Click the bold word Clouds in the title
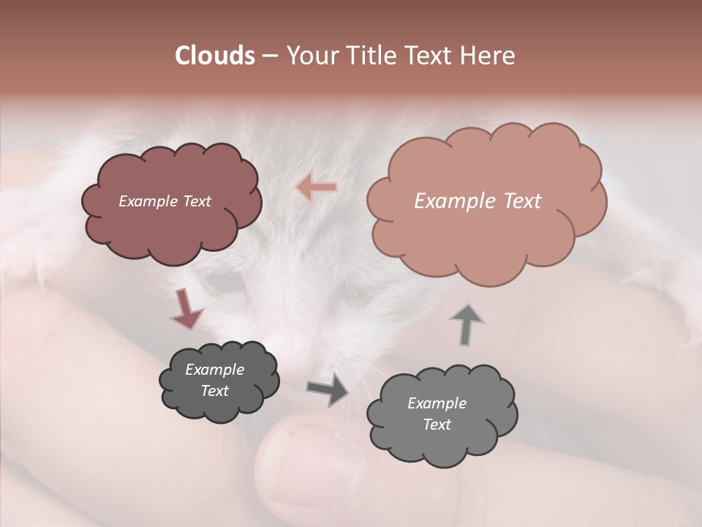(214, 56)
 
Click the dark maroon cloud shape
(171, 203)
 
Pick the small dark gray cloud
(219, 380)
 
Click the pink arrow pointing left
(317, 187)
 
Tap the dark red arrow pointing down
(186, 308)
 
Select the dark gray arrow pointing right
(327, 389)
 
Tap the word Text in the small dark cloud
(214, 391)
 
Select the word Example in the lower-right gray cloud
(437, 403)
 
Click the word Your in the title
(308, 56)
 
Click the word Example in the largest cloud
(450, 201)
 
